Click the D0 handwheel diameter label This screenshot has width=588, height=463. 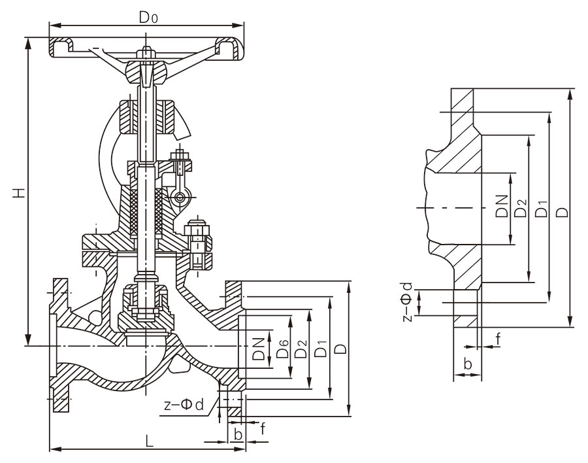click(148, 17)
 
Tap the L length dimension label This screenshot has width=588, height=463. click(149, 441)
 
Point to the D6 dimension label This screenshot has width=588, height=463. click(282, 348)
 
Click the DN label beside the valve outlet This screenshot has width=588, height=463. click(259, 349)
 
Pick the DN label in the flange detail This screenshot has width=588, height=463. click(501, 206)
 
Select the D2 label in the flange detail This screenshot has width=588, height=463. click(521, 208)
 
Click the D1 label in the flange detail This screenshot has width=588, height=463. click(542, 209)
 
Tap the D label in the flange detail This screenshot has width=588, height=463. click(563, 213)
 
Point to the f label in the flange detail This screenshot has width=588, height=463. click(498, 339)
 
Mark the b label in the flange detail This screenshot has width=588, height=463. click(468, 364)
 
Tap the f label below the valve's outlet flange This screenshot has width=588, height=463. click(263, 428)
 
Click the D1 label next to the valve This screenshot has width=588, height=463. click(321, 348)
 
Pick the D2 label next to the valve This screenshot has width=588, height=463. click(301, 349)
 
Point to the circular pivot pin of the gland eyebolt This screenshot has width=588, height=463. click(180, 196)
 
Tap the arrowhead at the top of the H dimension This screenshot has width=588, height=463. click(27, 43)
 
